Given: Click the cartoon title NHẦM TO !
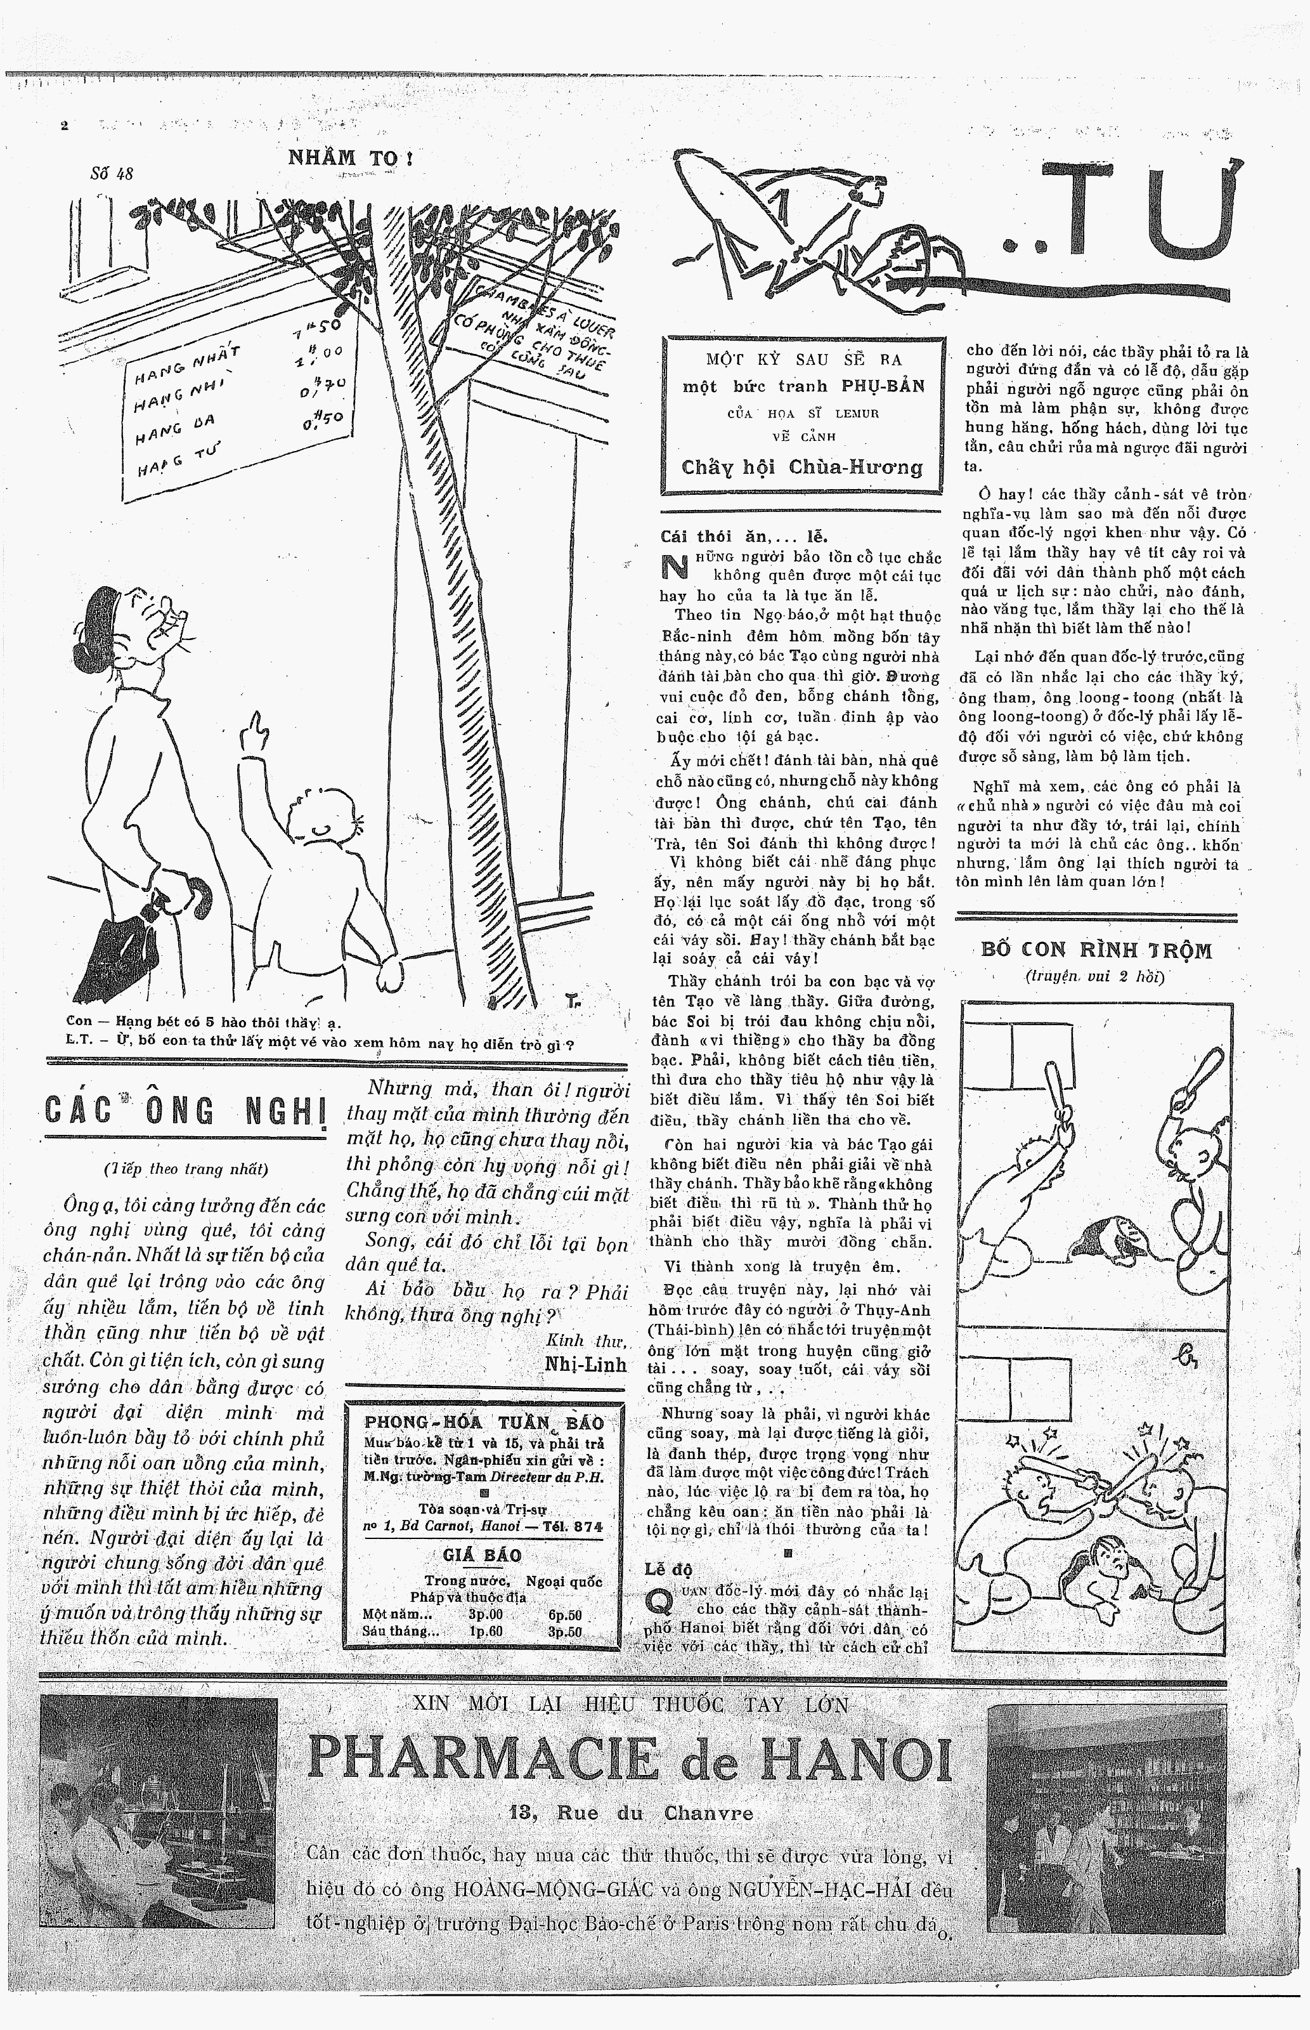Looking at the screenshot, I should (349, 157).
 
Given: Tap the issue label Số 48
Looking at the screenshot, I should (112, 174).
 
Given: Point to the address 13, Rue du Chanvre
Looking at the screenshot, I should (630, 1812).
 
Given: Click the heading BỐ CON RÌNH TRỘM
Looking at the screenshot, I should (1096, 950).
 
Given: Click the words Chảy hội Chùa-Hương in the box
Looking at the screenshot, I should (802, 467).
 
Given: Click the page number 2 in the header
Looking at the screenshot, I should (64, 126).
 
